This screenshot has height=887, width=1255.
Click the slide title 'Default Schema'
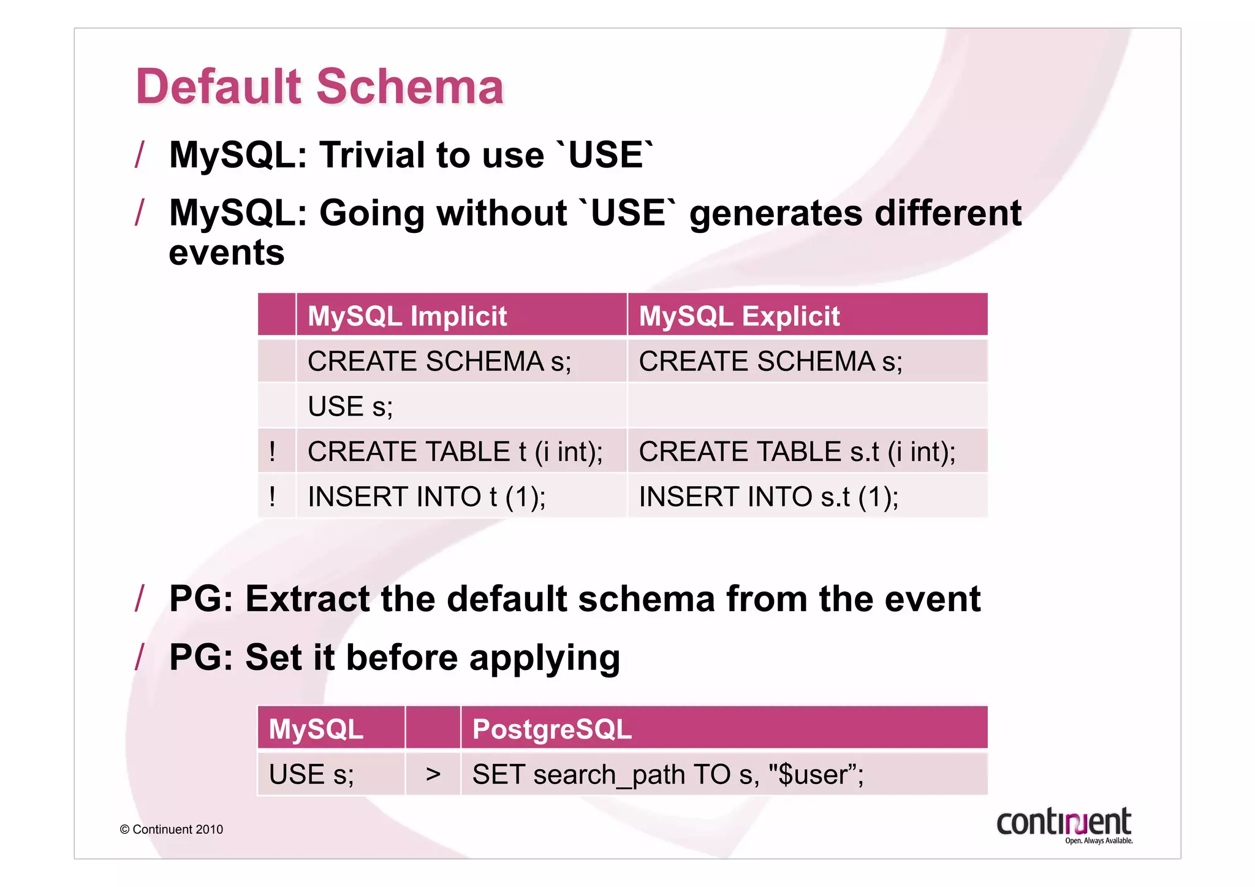click(319, 86)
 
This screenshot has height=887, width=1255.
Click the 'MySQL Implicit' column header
click(407, 316)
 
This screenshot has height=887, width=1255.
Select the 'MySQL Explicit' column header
click(738, 316)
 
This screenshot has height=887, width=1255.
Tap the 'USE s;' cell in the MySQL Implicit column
click(350, 406)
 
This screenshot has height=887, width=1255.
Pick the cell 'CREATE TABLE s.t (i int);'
click(797, 452)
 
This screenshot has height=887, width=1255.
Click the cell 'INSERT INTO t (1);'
click(427, 497)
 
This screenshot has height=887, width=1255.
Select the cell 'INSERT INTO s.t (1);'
click(768, 497)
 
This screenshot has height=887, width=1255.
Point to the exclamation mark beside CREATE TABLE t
click(272, 452)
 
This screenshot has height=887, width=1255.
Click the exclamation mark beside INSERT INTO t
click(272, 497)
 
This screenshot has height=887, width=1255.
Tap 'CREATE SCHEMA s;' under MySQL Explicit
click(770, 361)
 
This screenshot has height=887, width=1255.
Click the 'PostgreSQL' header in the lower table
click(552, 729)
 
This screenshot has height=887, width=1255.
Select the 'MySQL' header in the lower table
click(316, 729)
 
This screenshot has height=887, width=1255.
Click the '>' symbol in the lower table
click(433, 774)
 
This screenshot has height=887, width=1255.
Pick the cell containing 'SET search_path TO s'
click(667, 774)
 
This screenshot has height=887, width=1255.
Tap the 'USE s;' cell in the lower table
click(311, 774)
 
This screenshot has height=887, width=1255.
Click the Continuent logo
click(1064, 824)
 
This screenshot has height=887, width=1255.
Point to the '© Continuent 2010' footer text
click(172, 829)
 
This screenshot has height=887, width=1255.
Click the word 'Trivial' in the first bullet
click(371, 154)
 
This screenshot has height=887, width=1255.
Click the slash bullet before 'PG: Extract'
click(140, 598)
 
